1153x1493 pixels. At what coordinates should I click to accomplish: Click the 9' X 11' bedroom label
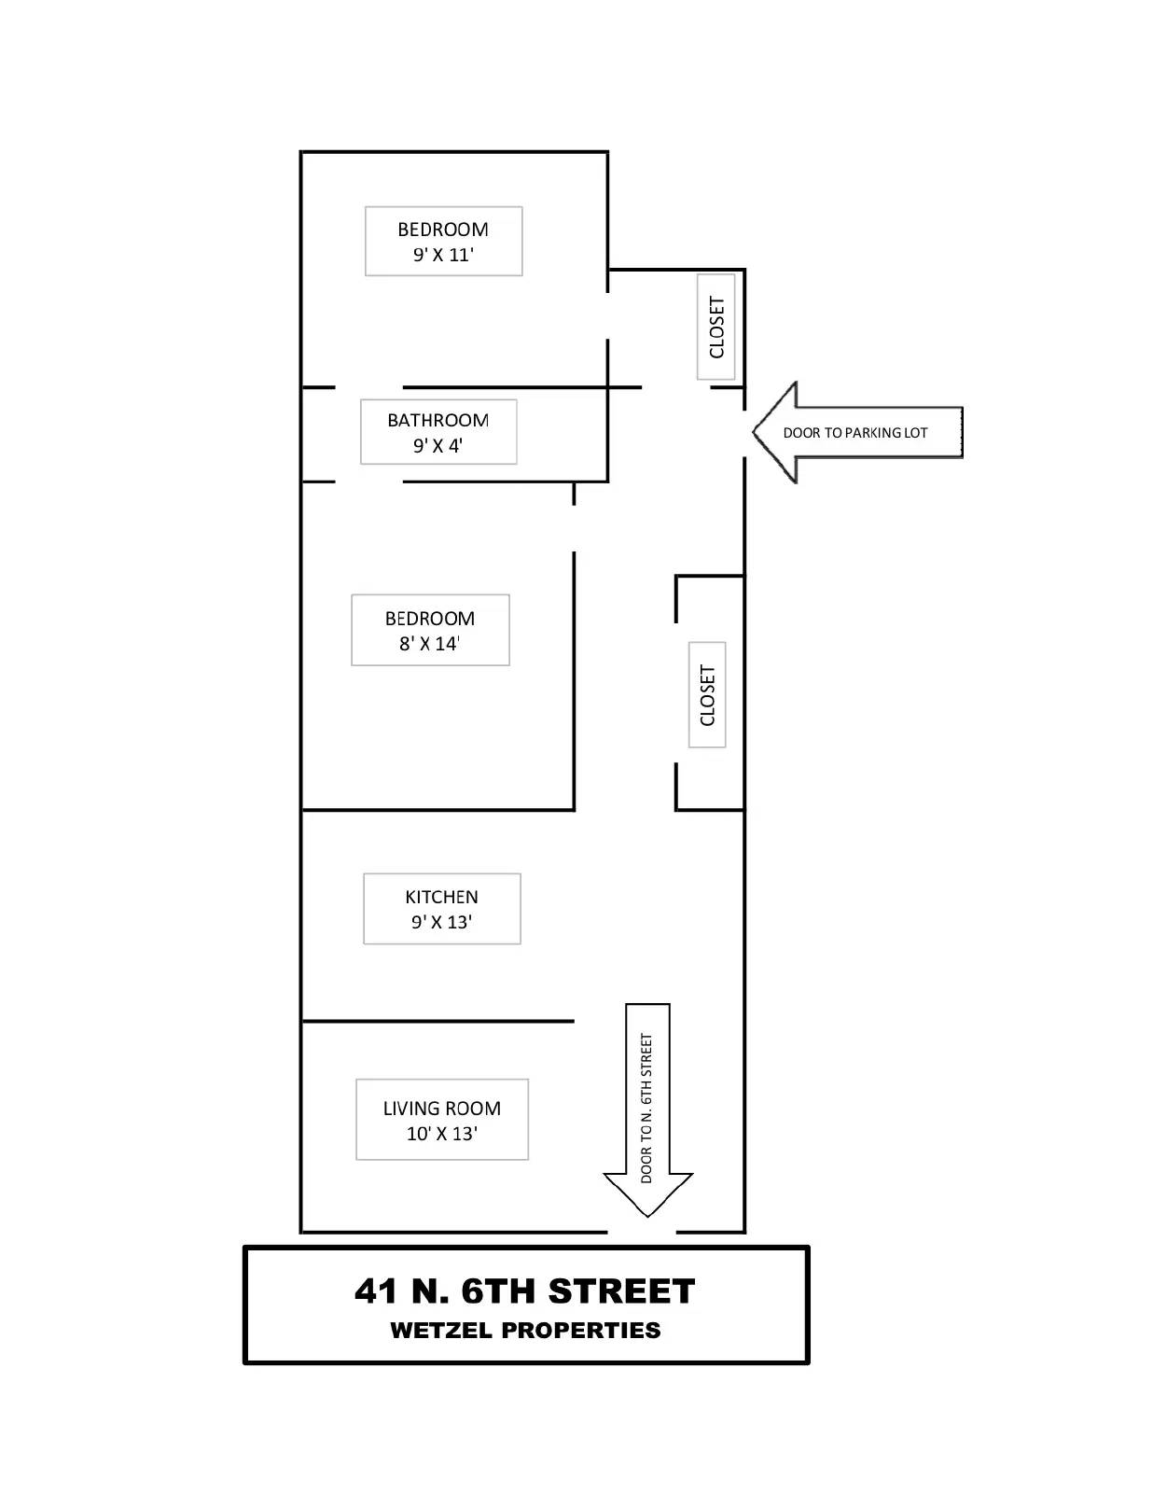pos(443,242)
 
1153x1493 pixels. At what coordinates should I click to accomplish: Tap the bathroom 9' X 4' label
pos(438,432)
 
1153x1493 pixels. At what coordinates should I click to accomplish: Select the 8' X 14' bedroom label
pos(430,630)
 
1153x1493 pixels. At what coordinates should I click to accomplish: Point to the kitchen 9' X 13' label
pos(441,909)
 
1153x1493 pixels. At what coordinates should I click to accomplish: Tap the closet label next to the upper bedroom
pos(716,327)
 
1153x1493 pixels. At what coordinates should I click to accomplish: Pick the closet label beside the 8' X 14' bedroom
pos(707,694)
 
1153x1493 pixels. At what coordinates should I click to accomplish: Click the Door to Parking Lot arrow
pos(857,432)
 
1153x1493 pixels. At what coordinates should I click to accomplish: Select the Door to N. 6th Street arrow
pos(647,1109)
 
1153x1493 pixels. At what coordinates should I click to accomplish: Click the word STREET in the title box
pos(621,1291)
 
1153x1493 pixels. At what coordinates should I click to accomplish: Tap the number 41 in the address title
pos(376,1291)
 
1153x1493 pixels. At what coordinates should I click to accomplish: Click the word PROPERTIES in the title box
pos(581,1330)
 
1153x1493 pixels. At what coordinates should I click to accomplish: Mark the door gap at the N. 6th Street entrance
pos(642,1232)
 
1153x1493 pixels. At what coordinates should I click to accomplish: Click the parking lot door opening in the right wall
pos(744,434)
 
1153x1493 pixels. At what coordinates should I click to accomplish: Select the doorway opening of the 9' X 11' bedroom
pos(607,316)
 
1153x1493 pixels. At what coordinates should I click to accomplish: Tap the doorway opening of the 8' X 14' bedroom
pos(574,528)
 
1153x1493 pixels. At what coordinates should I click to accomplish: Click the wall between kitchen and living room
pos(438,1021)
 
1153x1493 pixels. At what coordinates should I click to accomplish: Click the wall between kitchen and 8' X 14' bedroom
pos(438,810)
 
